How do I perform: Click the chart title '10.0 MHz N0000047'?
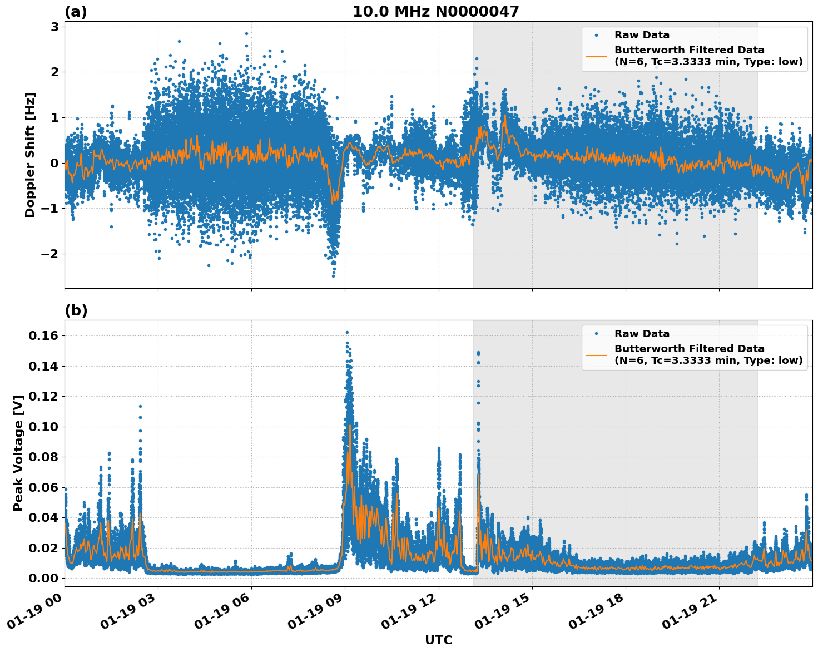[435, 12]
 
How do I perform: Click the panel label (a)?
[76, 12]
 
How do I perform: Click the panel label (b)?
[76, 310]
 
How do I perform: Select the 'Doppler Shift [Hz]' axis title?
[30, 155]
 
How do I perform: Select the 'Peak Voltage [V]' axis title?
[18, 453]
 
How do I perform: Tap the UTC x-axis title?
[438, 640]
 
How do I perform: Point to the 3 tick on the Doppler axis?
[54, 27]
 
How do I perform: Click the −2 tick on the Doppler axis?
[51, 254]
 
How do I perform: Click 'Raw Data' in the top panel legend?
[642, 35]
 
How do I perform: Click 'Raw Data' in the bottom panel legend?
[642, 334]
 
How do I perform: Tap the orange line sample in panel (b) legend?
[596, 354]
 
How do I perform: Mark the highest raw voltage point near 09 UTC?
[347, 333]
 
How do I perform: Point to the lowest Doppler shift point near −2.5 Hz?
[333, 276]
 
